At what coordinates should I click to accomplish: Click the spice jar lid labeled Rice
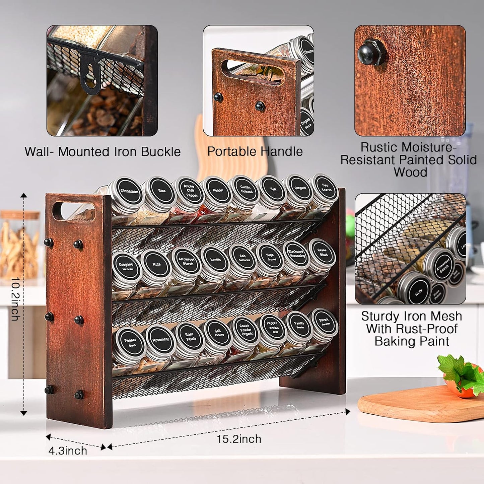click(x=162, y=191)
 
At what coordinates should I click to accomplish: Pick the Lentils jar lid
click(x=215, y=260)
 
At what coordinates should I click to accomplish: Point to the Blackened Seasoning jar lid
click(x=296, y=254)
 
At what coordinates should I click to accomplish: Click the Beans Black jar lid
click(x=322, y=252)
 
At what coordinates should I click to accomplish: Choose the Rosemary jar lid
click(x=160, y=340)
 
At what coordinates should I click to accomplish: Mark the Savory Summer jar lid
click(x=324, y=322)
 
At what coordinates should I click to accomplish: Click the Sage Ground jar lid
click(x=271, y=257)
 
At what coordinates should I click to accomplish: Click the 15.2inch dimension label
click(x=238, y=439)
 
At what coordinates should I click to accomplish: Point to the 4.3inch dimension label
click(x=68, y=451)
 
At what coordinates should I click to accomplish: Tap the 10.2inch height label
click(x=15, y=299)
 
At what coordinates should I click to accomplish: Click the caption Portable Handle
click(x=255, y=151)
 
